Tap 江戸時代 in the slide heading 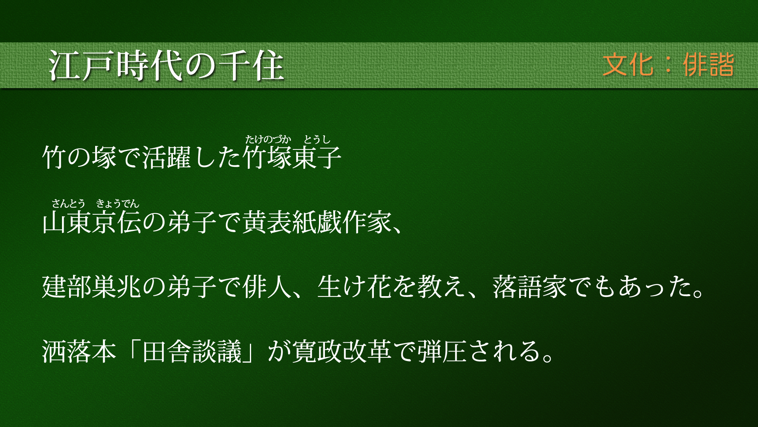tap(116, 66)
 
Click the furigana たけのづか tap(268, 139)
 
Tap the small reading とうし tap(317, 139)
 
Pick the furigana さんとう tap(68, 204)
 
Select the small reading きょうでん tap(118, 204)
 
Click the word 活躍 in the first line tap(166, 157)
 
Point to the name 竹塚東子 tap(292, 157)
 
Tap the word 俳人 tap(267, 287)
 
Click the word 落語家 tap(530, 287)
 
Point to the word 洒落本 tap(79, 351)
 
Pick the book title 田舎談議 tap(192, 351)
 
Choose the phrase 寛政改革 tap(342, 351)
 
